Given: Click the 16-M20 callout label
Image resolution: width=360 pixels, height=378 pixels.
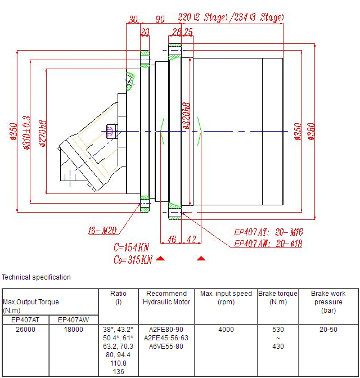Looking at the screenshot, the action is pos(102,231).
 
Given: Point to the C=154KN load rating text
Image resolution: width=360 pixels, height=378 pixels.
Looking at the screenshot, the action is pos(132,247).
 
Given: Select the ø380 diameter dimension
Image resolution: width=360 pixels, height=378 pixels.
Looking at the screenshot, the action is pos(311,132).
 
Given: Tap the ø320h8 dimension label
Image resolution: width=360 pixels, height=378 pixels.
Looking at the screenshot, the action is pos(186,116).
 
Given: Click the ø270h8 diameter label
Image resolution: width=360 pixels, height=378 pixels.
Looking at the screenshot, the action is pos(43,133).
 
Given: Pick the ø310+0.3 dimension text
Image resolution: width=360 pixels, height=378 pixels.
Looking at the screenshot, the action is pos(27,133).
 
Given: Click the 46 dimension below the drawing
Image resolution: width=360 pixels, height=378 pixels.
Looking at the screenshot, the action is pos(172,240).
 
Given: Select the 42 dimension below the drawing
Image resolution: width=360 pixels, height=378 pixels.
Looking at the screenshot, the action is pos(191,240).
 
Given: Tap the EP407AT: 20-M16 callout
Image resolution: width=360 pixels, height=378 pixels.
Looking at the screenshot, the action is pos(268,232).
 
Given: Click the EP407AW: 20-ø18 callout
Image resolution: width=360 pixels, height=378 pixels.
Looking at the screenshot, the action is pos(268,243).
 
